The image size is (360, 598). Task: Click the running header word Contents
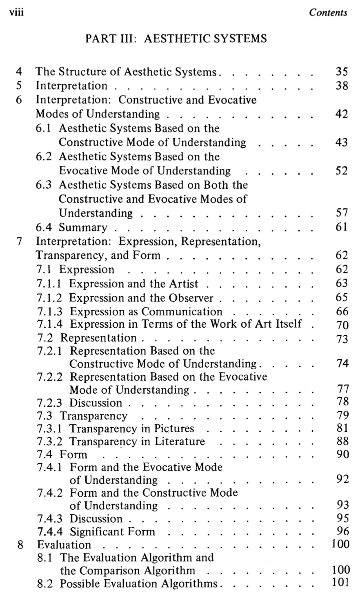pyautogui.click(x=328, y=12)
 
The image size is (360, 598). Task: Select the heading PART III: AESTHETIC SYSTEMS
pyautogui.click(x=176, y=39)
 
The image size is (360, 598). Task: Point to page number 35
pyautogui.click(x=341, y=72)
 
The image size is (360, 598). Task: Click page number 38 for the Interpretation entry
pyautogui.click(x=341, y=86)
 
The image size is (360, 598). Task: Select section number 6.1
pyautogui.click(x=44, y=128)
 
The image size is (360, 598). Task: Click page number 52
pyautogui.click(x=341, y=171)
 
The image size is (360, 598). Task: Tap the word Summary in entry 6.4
pyautogui.click(x=83, y=227)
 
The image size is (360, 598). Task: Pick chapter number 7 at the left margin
pyautogui.click(x=18, y=241)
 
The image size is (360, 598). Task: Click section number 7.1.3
pyautogui.click(x=50, y=312)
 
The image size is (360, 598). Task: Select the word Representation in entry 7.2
pyautogui.click(x=98, y=338)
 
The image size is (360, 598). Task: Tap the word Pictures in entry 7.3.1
pyautogui.click(x=174, y=428)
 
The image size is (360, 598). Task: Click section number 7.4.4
pyautogui.click(x=50, y=532)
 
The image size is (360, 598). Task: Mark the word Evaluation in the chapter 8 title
pyautogui.click(x=64, y=545)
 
